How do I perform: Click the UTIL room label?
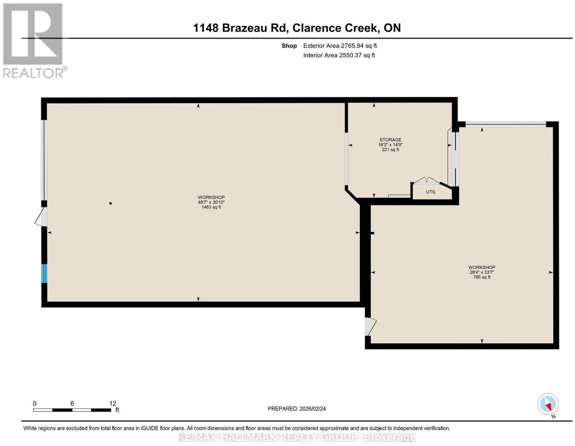click(x=431, y=192)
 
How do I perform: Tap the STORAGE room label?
click(x=390, y=140)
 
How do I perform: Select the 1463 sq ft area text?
click(x=211, y=207)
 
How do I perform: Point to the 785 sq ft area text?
click(x=482, y=277)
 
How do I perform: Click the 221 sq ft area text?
click(x=390, y=150)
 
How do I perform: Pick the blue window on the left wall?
click(x=44, y=273)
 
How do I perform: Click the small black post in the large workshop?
click(x=110, y=203)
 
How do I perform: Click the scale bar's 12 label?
click(x=112, y=404)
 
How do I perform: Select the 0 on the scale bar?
click(x=34, y=404)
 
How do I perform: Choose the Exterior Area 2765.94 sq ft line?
click(x=340, y=46)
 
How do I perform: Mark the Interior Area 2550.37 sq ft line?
click(x=339, y=55)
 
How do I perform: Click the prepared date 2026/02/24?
click(x=313, y=408)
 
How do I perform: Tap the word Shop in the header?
click(x=289, y=46)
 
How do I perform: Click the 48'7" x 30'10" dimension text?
click(x=211, y=202)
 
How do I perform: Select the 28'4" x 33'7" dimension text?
click(x=482, y=272)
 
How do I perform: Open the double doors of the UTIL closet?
click(x=427, y=180)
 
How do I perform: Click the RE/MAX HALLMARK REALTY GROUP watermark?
click(x=296, y=437)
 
